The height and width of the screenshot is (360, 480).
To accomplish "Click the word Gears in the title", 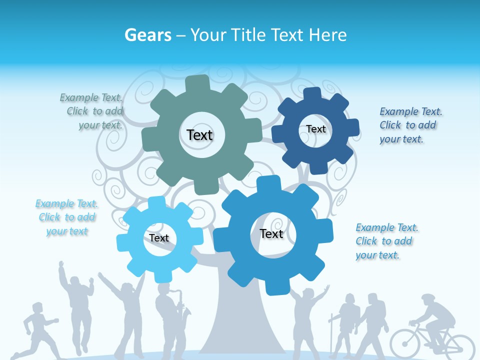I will [x=147, y=35].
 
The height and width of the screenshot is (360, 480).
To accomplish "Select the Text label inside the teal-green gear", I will [x=199, y=135].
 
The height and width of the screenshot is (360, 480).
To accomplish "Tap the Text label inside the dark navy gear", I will [x=315, y=129].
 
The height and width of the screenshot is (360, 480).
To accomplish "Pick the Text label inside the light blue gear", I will [x=159, y=238].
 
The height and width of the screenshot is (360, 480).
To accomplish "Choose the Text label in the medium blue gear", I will [x=271, y=233].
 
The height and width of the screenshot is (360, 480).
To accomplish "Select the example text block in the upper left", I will [x=93, y=111].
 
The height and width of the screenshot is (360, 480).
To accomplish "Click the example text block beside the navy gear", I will [x=410, y=125].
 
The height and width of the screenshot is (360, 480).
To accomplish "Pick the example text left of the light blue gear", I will [x=66, y=217].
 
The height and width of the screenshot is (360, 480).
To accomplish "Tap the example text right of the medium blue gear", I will [x=386, y=241].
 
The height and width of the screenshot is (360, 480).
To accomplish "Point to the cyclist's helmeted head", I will [x=428, y=301].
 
